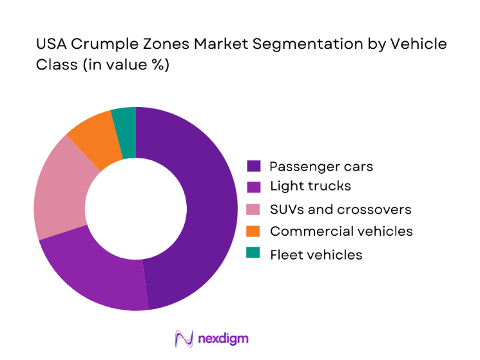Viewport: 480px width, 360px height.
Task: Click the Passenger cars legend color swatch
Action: point(254,166)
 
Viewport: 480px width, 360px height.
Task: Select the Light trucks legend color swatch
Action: point(254,186)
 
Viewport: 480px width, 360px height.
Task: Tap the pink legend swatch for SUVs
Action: point(254,209)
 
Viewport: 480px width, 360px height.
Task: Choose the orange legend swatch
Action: point(254,231)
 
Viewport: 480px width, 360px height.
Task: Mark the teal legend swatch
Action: point(254,254)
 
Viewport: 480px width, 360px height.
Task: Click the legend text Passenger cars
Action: point(321,166)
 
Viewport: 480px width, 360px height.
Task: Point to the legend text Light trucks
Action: point(311,186)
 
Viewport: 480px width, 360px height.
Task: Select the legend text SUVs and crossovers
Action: point(340,209)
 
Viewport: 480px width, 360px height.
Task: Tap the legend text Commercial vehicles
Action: point(341,231)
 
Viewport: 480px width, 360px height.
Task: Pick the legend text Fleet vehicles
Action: point(316,254)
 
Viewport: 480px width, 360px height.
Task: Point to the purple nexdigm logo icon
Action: point(184,339)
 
